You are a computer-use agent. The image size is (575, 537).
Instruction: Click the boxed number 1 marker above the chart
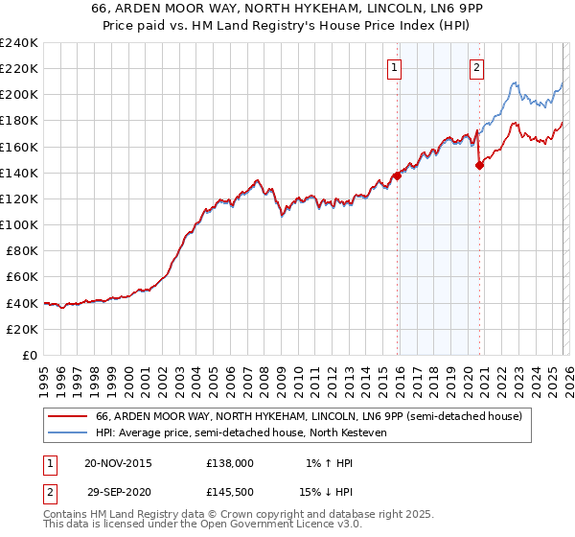(395, 67)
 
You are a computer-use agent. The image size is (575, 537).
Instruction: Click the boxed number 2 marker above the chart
(476, 67)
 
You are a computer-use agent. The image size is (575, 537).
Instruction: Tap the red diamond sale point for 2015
(397, 175)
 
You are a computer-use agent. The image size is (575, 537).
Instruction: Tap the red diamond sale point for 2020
(479, 165)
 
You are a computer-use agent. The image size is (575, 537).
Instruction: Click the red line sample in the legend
(67, 417)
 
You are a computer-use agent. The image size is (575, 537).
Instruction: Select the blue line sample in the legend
(67, 433)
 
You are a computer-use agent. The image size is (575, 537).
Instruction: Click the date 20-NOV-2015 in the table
(117, 462)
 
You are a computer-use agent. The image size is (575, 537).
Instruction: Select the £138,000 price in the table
(230, 462)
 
